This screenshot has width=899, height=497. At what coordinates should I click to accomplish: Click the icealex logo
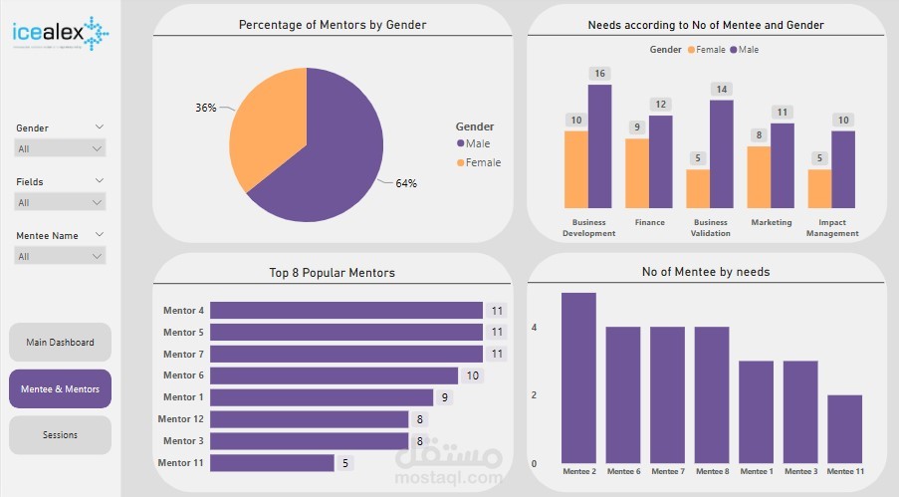click(x=61, y=33)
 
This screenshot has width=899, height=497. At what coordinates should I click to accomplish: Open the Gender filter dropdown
click(x=60, y=148)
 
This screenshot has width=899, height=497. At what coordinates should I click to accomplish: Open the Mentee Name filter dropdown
click(x=60, y=256)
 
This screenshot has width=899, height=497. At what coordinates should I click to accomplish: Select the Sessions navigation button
click(x=60, y=435)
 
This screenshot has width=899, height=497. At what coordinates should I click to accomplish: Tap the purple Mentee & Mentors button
click(x=60, y=388)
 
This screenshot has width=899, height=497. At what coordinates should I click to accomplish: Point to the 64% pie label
click(x=405, y=183)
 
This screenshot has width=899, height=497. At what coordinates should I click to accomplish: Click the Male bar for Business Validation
click(x=721, y=153)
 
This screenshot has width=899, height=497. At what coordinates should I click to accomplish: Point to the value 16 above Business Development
click(x=599, y=74)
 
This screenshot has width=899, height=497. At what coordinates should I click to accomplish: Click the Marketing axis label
click(x=771, y=223)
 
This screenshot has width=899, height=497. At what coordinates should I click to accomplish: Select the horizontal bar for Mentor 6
click(x=334, y=375)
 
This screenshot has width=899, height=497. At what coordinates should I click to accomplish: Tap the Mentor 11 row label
click(x=182, y=462)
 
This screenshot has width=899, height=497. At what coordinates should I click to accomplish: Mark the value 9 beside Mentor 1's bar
click(x=444, y=397)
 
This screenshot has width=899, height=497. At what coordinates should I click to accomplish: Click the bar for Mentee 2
click(x=578, y=377)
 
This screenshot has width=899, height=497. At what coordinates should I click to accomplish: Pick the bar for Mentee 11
click(x=845, y=429)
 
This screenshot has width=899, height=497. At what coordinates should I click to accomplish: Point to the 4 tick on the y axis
click(x=534, y=327)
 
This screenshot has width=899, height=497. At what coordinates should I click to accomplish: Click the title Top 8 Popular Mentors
click(x=332, y=273)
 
